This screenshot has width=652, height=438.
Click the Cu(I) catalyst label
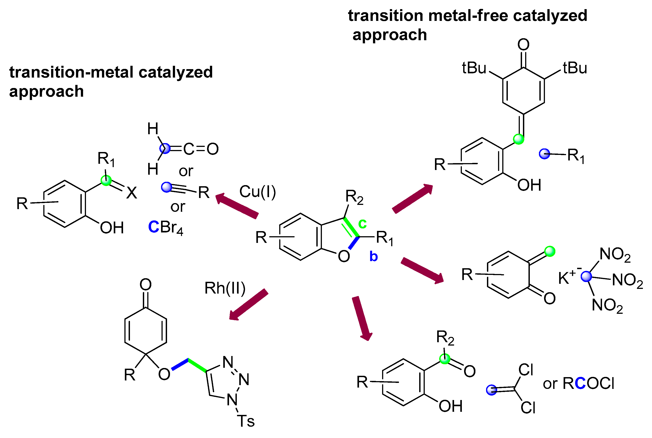click(x=257, y=192)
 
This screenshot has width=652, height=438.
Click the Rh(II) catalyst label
click(x=225, y=288)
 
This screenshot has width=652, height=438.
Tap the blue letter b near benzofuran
click(x=373, y=256)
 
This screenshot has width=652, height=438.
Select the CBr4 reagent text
click(x=165, y=227)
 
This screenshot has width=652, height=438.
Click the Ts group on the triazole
click(x=246, y=421)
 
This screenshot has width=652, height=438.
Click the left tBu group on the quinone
click(x=474, y=68)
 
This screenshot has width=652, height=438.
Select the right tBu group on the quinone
click(x=575, y=68)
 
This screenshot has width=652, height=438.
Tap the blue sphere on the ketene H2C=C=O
click(x=165, y=149)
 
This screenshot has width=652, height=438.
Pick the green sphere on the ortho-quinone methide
click(x=550, y=251)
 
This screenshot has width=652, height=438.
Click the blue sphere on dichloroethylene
click(x=491, y=390)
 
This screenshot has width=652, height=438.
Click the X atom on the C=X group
click(x=132, y=193)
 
